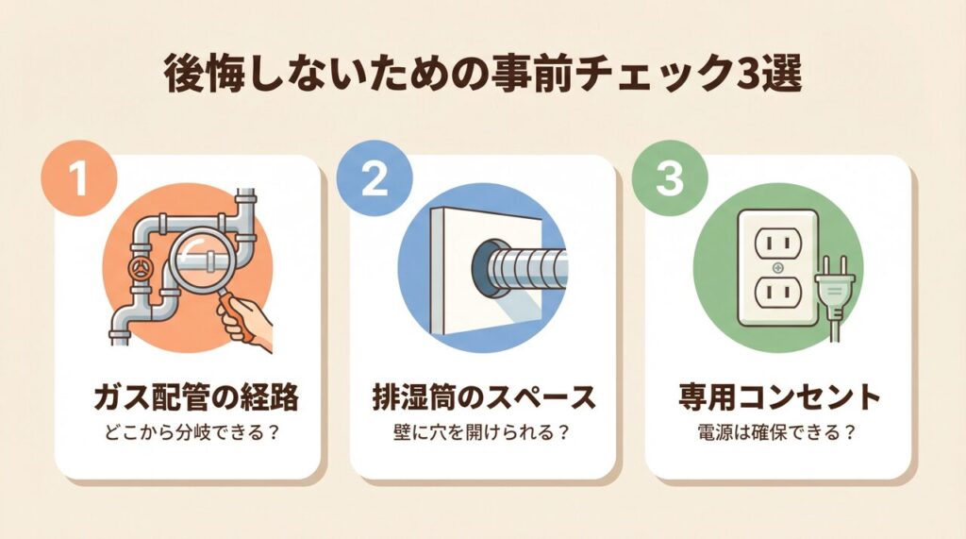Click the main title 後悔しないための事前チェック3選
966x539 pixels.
click(x=483, y=76)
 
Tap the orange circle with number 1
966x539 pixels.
click(x=79, y=178)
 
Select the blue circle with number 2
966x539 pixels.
click(x=374, y=178)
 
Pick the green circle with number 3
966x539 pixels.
click(x=670, y=178)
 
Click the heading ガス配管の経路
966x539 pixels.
click(x=196, y=397)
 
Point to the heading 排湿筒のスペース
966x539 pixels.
click(x=484, y=397)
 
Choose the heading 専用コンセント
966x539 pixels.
click(x=779, y=397)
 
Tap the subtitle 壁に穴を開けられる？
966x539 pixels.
click(x=480, y=431)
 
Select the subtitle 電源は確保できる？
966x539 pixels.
click(x=777, y=431)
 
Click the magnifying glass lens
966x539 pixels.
click(x=203, y=259)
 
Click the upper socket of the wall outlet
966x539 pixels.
click(x=778, y=243)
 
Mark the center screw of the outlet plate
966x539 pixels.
click(x=778, y=268)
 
